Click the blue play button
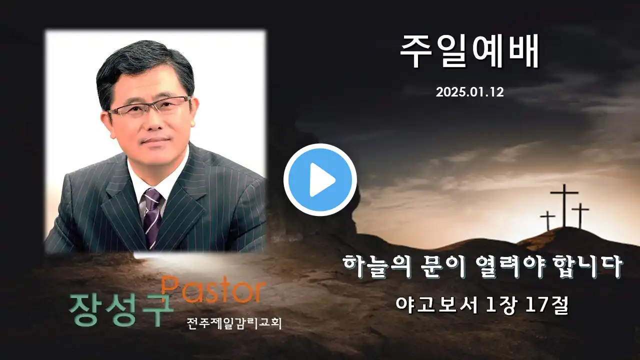pos(320,179)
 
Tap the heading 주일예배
pos(469,51)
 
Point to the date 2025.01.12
pos(469,92)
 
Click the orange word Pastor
pos(212,289)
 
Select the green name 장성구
pos(121,310)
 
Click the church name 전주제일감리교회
pos(234,323)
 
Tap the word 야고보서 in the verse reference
pos(436,305)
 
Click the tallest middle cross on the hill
pos(564,205)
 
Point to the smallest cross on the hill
pos(547,220)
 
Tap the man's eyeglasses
pos(149,107)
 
